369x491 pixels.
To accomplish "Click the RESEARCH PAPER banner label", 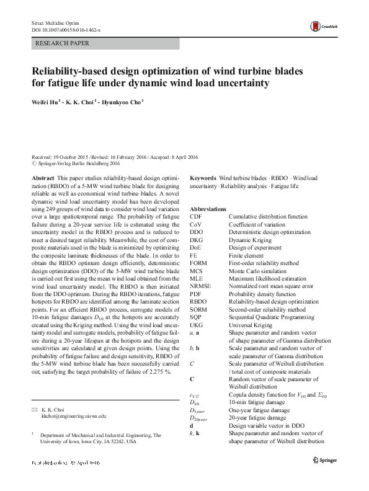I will tap(63, 44).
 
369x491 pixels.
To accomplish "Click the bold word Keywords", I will tap(203, 178).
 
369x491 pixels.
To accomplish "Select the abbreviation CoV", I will tap(196, 224).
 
